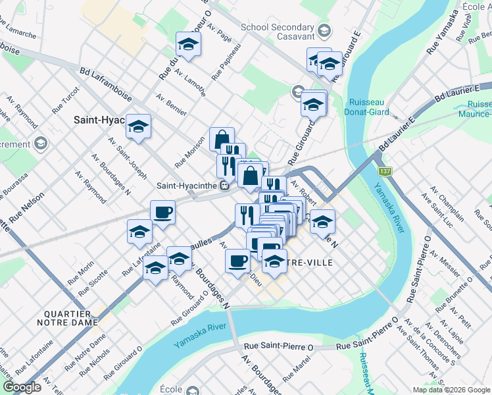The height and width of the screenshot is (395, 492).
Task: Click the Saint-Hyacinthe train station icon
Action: (224, 185)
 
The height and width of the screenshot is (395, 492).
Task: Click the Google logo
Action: (22, 386)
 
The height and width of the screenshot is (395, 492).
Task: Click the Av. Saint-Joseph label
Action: (119, 152)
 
